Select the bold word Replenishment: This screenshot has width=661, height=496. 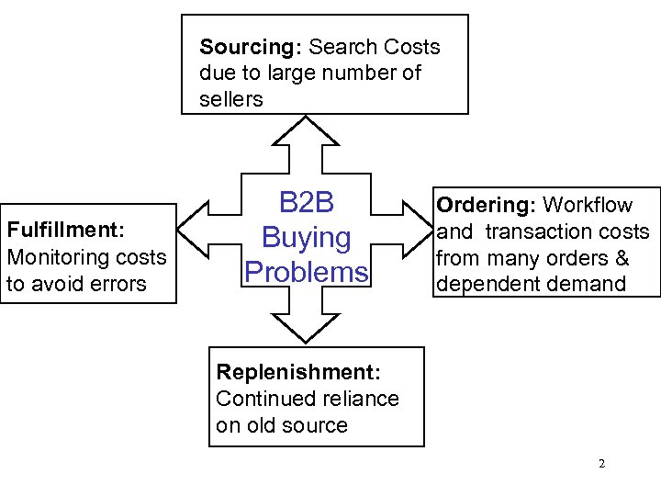tap(297, 372)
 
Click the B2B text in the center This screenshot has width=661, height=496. tap(307, 204)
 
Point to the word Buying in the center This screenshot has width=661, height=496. tap(307, 238)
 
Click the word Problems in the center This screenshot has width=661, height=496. tap(307, 272)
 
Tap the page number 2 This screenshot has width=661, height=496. tap(601, 464)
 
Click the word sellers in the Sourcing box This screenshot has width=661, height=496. tap(230, 99)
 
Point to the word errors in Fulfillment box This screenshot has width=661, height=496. tap(117, 284)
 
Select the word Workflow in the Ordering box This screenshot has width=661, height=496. tap(588, 206)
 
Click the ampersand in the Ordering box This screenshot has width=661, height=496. tap(622, 258)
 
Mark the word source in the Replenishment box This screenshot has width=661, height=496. tap(317, 425)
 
